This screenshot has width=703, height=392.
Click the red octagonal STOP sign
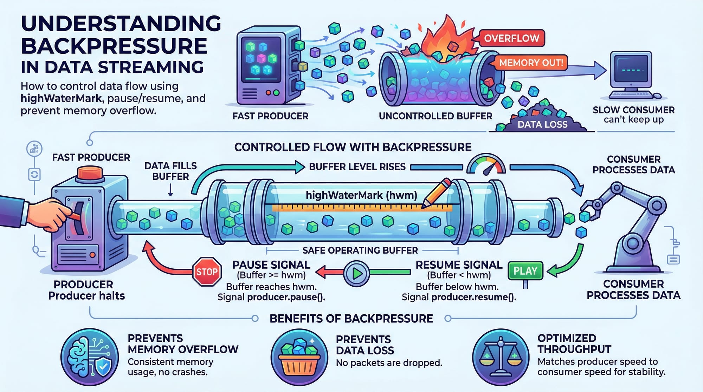tap(207, 272)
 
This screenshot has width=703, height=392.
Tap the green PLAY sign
tap(525, 271)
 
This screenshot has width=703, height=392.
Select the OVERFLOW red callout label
tap(511, 38)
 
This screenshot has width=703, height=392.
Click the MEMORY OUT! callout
tap(531, 63)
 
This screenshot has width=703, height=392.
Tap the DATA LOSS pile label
tap(542, 124)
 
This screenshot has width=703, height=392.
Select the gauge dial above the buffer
tap(486, 166)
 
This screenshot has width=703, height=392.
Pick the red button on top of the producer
tap(90, 173)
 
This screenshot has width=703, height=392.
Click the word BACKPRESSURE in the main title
tap(114, 46)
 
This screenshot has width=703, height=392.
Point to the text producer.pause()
tap(286, 298)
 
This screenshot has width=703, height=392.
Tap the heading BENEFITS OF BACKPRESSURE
tap(351, 319)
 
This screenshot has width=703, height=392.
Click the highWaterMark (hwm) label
tap(361, 195)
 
